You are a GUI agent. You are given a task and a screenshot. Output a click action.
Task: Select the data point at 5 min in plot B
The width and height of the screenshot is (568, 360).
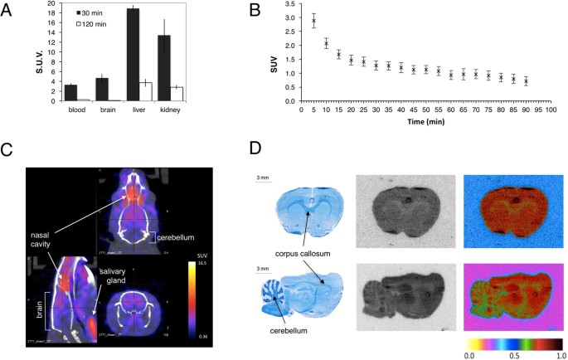click(313, 22)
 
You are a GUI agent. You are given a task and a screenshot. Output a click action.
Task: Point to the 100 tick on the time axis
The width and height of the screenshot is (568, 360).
click(551, 109)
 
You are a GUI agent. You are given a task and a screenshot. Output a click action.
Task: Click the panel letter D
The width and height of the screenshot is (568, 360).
click(255, 149)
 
